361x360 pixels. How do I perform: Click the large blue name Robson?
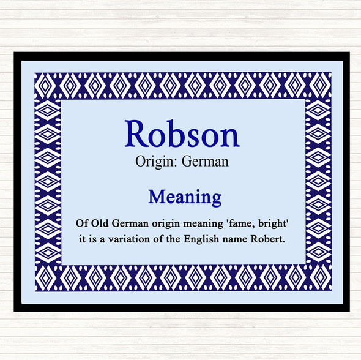pyautogui.click(x=182, y=133)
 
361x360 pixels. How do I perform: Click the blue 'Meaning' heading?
pyautogui.click(x=184, y=197)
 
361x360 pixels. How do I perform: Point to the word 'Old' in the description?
pyautogui.click(x=101, y=221)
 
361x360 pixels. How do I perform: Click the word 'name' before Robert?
pyautogui.click(x=237, y=239)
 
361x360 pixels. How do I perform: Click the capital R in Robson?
pyautogui.click(x=136, y=133)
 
